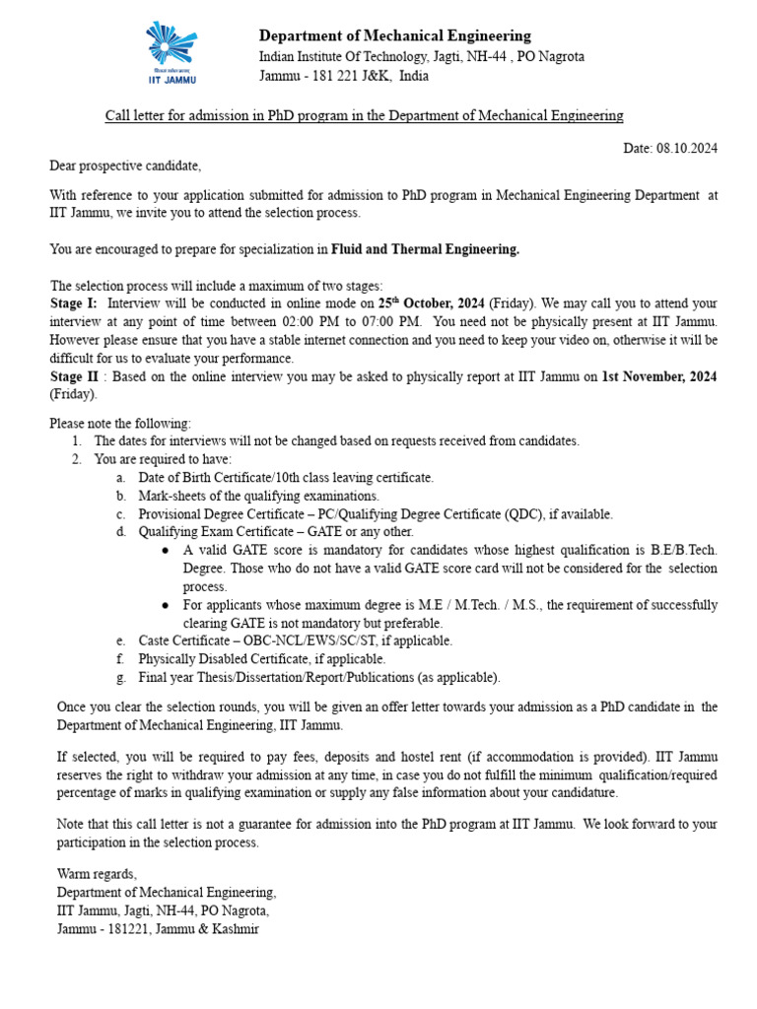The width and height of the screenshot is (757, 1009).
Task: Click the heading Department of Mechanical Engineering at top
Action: pos(394,36)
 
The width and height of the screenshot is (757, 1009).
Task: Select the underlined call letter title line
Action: pos(365,116)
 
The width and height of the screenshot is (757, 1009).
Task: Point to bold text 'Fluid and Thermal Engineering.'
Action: pos(425,249)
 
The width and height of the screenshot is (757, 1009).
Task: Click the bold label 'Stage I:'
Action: pos(74,303)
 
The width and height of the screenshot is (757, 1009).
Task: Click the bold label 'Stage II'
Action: pos(78,376)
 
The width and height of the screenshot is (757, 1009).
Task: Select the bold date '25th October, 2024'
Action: pos(431,303)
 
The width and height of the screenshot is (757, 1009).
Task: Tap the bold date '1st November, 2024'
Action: pos(659,376)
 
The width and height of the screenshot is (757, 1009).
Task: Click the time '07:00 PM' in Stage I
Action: pos(393,321)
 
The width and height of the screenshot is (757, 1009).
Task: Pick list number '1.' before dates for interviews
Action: pos(77,440)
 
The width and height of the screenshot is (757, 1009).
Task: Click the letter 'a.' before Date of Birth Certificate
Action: pos(120,477)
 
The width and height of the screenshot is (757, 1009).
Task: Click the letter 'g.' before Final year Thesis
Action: pos(120,677)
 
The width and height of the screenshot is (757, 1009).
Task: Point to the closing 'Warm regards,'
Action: pos(97,874)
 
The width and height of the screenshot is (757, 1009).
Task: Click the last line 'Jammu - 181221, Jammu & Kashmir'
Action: pos(158,929)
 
